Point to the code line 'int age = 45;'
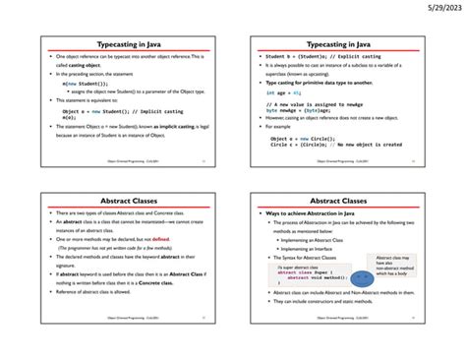[286, 91]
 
